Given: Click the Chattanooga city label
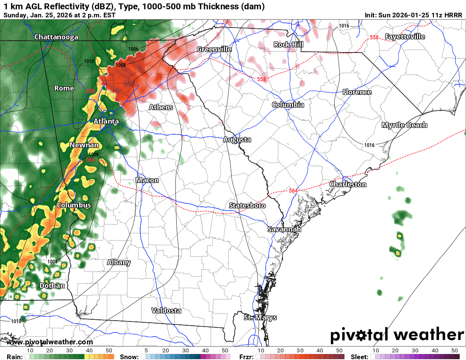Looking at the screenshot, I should tap(56, 37).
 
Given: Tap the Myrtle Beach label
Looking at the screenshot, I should tap(404, 125).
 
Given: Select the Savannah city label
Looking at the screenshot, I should tap(284, 229).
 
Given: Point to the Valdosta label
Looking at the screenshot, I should tap(166, 310).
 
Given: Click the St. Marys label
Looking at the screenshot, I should tap(260, 317).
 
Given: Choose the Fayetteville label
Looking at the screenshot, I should tap(405, 36).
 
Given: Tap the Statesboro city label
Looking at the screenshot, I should tap(247, 205).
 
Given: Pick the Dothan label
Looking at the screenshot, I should tap(52, 285).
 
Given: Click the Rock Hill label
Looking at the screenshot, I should tap(288, 44).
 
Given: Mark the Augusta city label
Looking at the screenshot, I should tap(237, 139).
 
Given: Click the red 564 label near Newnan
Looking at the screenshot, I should tap(90, 160).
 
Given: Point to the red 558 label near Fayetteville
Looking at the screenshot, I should tap(374, 37).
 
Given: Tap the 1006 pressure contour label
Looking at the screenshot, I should tap(133, 49).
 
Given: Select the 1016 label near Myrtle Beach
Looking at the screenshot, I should tap(369, 145).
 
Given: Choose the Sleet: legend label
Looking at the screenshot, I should tap(359, 357).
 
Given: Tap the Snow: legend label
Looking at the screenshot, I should tap(129, 357).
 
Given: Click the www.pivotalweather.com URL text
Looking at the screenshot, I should tap(50, 342).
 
